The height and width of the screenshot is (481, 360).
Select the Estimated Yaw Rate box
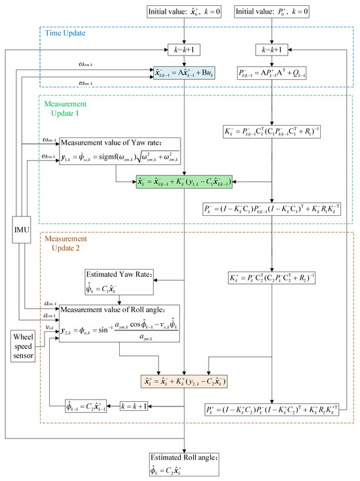(x=120, y=281)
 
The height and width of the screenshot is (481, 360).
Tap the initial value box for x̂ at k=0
(x=185, y=13)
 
